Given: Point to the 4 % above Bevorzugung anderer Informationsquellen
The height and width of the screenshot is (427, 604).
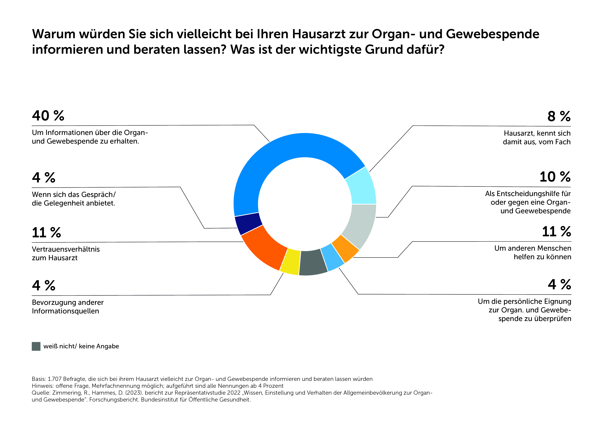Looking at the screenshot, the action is point(44,285).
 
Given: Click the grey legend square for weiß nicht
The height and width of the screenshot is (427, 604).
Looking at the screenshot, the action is point(36,346).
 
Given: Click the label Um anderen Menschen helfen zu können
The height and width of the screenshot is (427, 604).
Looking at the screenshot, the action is point(533,252).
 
